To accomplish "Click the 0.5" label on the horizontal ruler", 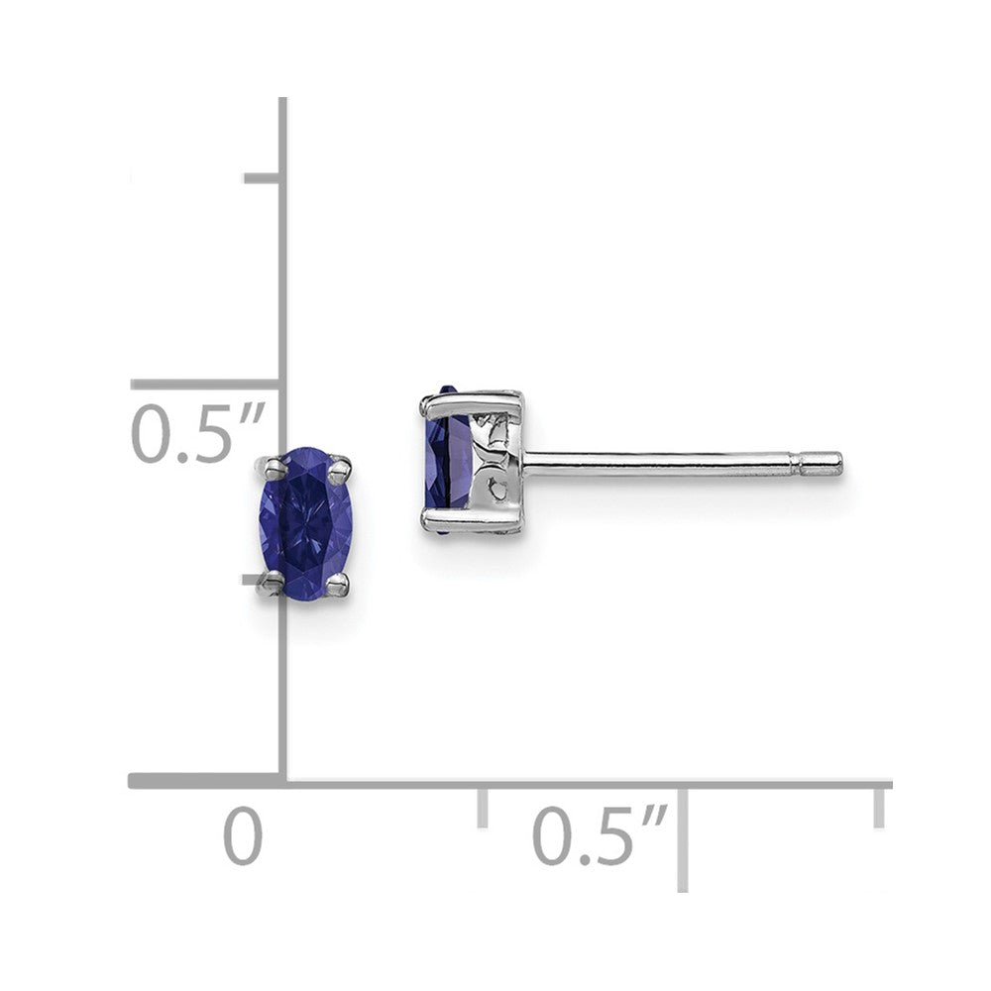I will coord(598,834).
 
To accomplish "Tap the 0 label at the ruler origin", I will coord(243,835).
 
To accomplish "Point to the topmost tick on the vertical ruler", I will coord(262,178).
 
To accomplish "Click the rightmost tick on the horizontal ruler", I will coord(878,805).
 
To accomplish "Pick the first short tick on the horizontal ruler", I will coord(483,805).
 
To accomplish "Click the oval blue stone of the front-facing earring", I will coord(305,523).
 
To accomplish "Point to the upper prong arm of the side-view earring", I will coord(471,400).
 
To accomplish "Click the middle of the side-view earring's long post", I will coord(659,461).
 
